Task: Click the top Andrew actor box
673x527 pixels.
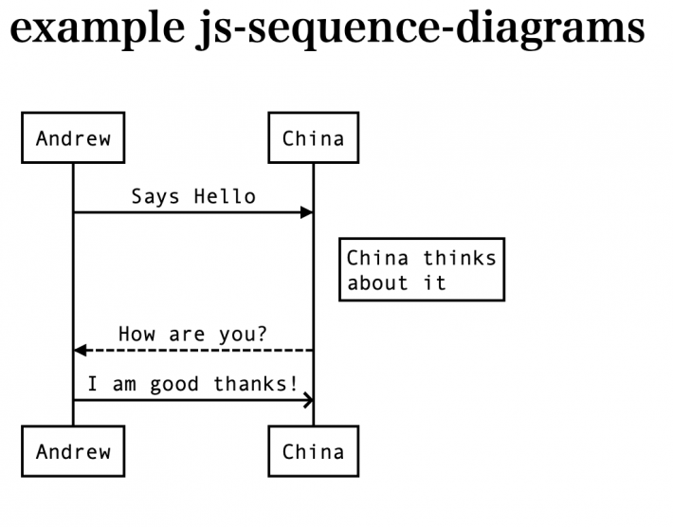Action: tap(73, 138)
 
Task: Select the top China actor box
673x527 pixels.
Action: tap(313, 138)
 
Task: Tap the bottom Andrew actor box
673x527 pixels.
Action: tap(73, 451)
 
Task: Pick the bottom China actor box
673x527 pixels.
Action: tap(313, 451)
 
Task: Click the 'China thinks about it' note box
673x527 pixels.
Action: tap(421, 270)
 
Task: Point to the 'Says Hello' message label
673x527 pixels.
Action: tap(193, 196)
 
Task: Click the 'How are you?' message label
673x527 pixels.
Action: tap(192, 335)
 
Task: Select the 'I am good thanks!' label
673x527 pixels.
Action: tap(192, 384)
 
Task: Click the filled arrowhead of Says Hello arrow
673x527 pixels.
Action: tap(306, 212)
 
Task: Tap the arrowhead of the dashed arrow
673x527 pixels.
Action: tap(81, 351)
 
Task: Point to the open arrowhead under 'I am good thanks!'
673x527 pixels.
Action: tap(308, 400)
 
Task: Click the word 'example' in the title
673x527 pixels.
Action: tap(90, 27)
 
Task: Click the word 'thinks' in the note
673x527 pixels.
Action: tap(459, 258)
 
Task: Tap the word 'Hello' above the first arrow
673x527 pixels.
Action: tap(225, 196)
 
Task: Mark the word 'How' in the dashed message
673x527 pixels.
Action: tap(136, 335)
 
